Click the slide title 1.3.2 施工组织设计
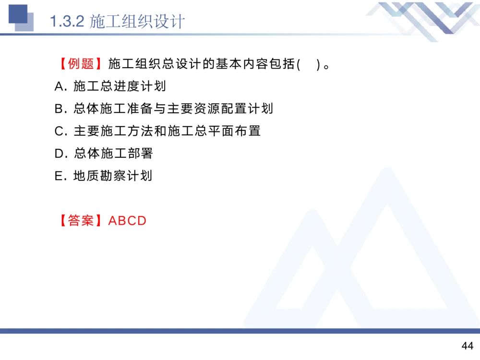[x=117, y=22]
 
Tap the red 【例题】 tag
[x=81, y=64]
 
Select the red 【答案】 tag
[x=81, y=220]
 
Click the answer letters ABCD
[x=127, y=220]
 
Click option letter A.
[x=59, y=86]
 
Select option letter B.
[x=59, y=109]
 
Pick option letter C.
[x=59, y=131]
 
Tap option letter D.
[x=59, y=154]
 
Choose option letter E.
[x=59, y=176]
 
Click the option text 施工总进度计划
[x=120, y=86]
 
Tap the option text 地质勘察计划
[x=113, y=176]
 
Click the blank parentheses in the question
[x=309, y=64]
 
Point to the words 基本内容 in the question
[x=234, y=64]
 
